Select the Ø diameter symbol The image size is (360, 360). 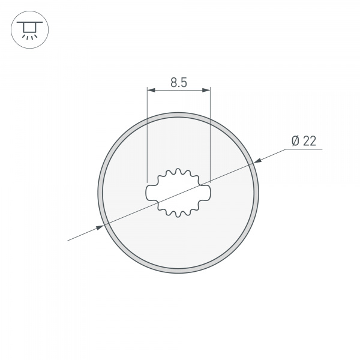[295, 141]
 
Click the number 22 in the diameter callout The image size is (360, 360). [310, 141]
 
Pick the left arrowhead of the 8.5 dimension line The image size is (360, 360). [151, 91]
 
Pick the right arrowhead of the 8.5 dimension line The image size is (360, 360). [206, 91]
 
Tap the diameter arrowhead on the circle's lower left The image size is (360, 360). [100, 227]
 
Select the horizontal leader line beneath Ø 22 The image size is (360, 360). [304, 149]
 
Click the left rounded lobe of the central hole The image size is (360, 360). [151, 193]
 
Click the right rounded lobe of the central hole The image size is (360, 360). [208, 193]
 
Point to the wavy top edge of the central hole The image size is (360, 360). [179, 173]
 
